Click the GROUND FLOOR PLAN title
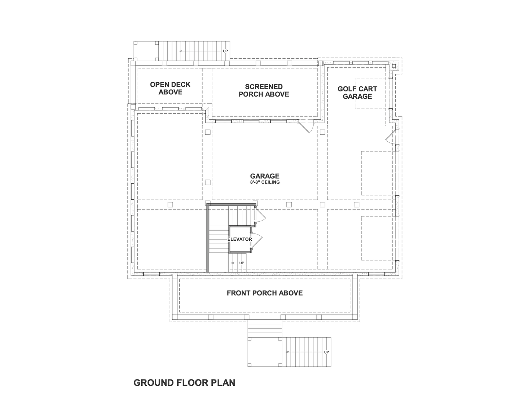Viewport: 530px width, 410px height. point(184,383)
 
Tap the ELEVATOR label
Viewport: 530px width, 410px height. point(240,239)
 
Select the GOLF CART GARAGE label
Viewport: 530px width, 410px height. point(357,92)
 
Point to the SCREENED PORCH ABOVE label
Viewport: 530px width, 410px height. point(264,90)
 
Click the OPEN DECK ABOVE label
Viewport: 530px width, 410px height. point(170,88)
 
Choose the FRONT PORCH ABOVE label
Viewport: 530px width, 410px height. point(265,293)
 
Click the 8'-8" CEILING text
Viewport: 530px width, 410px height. point(265,182)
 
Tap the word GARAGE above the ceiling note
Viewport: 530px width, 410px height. point(265,176)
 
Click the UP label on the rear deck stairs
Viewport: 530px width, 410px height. point(226,51)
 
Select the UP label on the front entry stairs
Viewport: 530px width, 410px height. point(326,352)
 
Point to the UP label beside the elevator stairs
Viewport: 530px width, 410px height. point(242,263)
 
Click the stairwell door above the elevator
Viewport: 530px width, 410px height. point(260,214)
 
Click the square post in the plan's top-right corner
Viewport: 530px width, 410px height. point(394,66)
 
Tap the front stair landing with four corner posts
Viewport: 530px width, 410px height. point(265,352)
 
